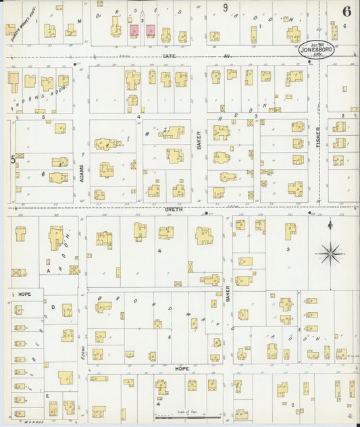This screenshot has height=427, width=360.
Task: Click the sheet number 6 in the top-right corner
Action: [346, 11]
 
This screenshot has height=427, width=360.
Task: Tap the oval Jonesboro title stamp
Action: [317, 49]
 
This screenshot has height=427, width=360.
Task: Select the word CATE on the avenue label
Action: [168, 57]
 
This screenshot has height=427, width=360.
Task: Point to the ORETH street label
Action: [174, 209]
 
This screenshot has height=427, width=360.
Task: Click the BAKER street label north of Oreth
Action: [199, 140]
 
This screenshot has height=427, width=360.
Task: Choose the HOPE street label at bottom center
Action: [182, 369]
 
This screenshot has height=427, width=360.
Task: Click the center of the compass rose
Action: [330, 253]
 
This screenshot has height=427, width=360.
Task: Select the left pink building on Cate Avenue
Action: [134, 31]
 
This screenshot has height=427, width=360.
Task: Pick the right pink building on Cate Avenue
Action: [150, 31]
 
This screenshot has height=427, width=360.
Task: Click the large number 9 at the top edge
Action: [226, 7]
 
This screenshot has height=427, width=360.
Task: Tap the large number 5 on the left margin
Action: [12, 159]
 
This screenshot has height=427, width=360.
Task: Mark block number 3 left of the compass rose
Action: [288, 249]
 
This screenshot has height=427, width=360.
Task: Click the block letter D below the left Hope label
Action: [53, 306]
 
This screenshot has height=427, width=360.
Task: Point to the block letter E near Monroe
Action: [47, 397]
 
